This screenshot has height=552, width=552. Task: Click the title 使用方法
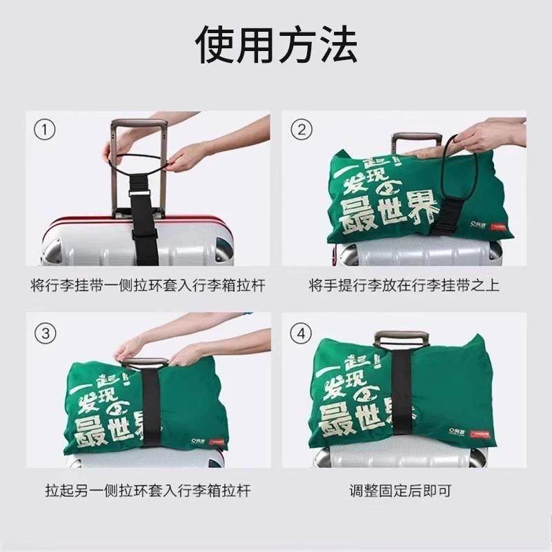click(276, 45)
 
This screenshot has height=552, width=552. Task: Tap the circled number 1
click(45, 129)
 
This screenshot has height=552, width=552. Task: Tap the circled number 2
click(301, 129)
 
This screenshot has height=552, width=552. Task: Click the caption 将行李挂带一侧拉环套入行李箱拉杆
click(148, 285)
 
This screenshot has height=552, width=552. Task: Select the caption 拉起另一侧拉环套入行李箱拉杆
click(148, 491)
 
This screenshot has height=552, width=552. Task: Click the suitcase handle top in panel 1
click(138, 125)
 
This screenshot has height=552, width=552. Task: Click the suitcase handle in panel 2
click(415, 137)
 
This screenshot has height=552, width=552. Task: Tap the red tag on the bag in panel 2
click(497, 226)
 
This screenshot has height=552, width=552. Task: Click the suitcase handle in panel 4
click(402, 337)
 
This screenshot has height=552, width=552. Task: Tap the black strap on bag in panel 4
click(401, 400)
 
